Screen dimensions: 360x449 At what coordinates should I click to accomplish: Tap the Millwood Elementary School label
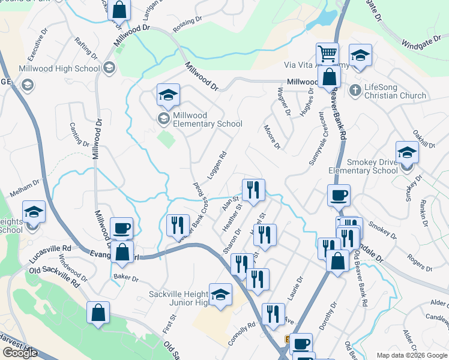[207, 119]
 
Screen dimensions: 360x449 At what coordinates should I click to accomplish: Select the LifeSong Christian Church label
[396, 91]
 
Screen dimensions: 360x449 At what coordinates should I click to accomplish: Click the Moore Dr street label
[273, 137]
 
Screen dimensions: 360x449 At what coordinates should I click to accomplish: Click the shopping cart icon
[327, 54]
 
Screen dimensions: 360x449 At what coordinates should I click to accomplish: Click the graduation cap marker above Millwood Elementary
[168, 94]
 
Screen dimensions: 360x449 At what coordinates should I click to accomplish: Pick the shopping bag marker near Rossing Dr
[119, 10]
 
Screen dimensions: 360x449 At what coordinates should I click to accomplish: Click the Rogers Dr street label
[420, 263]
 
